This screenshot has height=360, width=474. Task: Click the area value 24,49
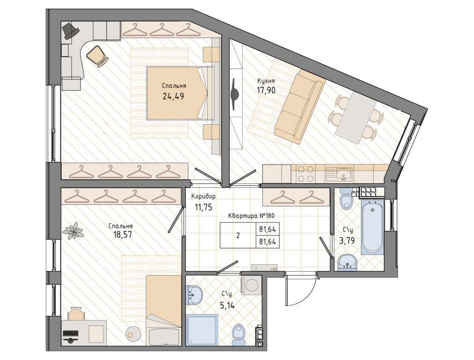(173, 96)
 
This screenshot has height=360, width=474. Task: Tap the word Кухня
(266, 81)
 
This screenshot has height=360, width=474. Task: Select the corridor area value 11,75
(203, 207)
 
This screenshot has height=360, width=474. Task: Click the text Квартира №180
(251, 216)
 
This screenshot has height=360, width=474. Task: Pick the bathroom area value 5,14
(227, 306)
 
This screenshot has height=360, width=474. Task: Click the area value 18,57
(122, 234)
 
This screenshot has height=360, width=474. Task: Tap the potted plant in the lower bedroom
(73, 231)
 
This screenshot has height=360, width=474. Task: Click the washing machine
(251, 285)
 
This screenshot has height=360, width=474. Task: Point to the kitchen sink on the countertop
(344, 174)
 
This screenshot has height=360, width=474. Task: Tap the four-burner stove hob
(305, 174)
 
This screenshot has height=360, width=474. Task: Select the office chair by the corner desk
(98, 55)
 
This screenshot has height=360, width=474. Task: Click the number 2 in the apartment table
(238, 236)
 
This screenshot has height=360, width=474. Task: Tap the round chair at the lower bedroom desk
(75, 314)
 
